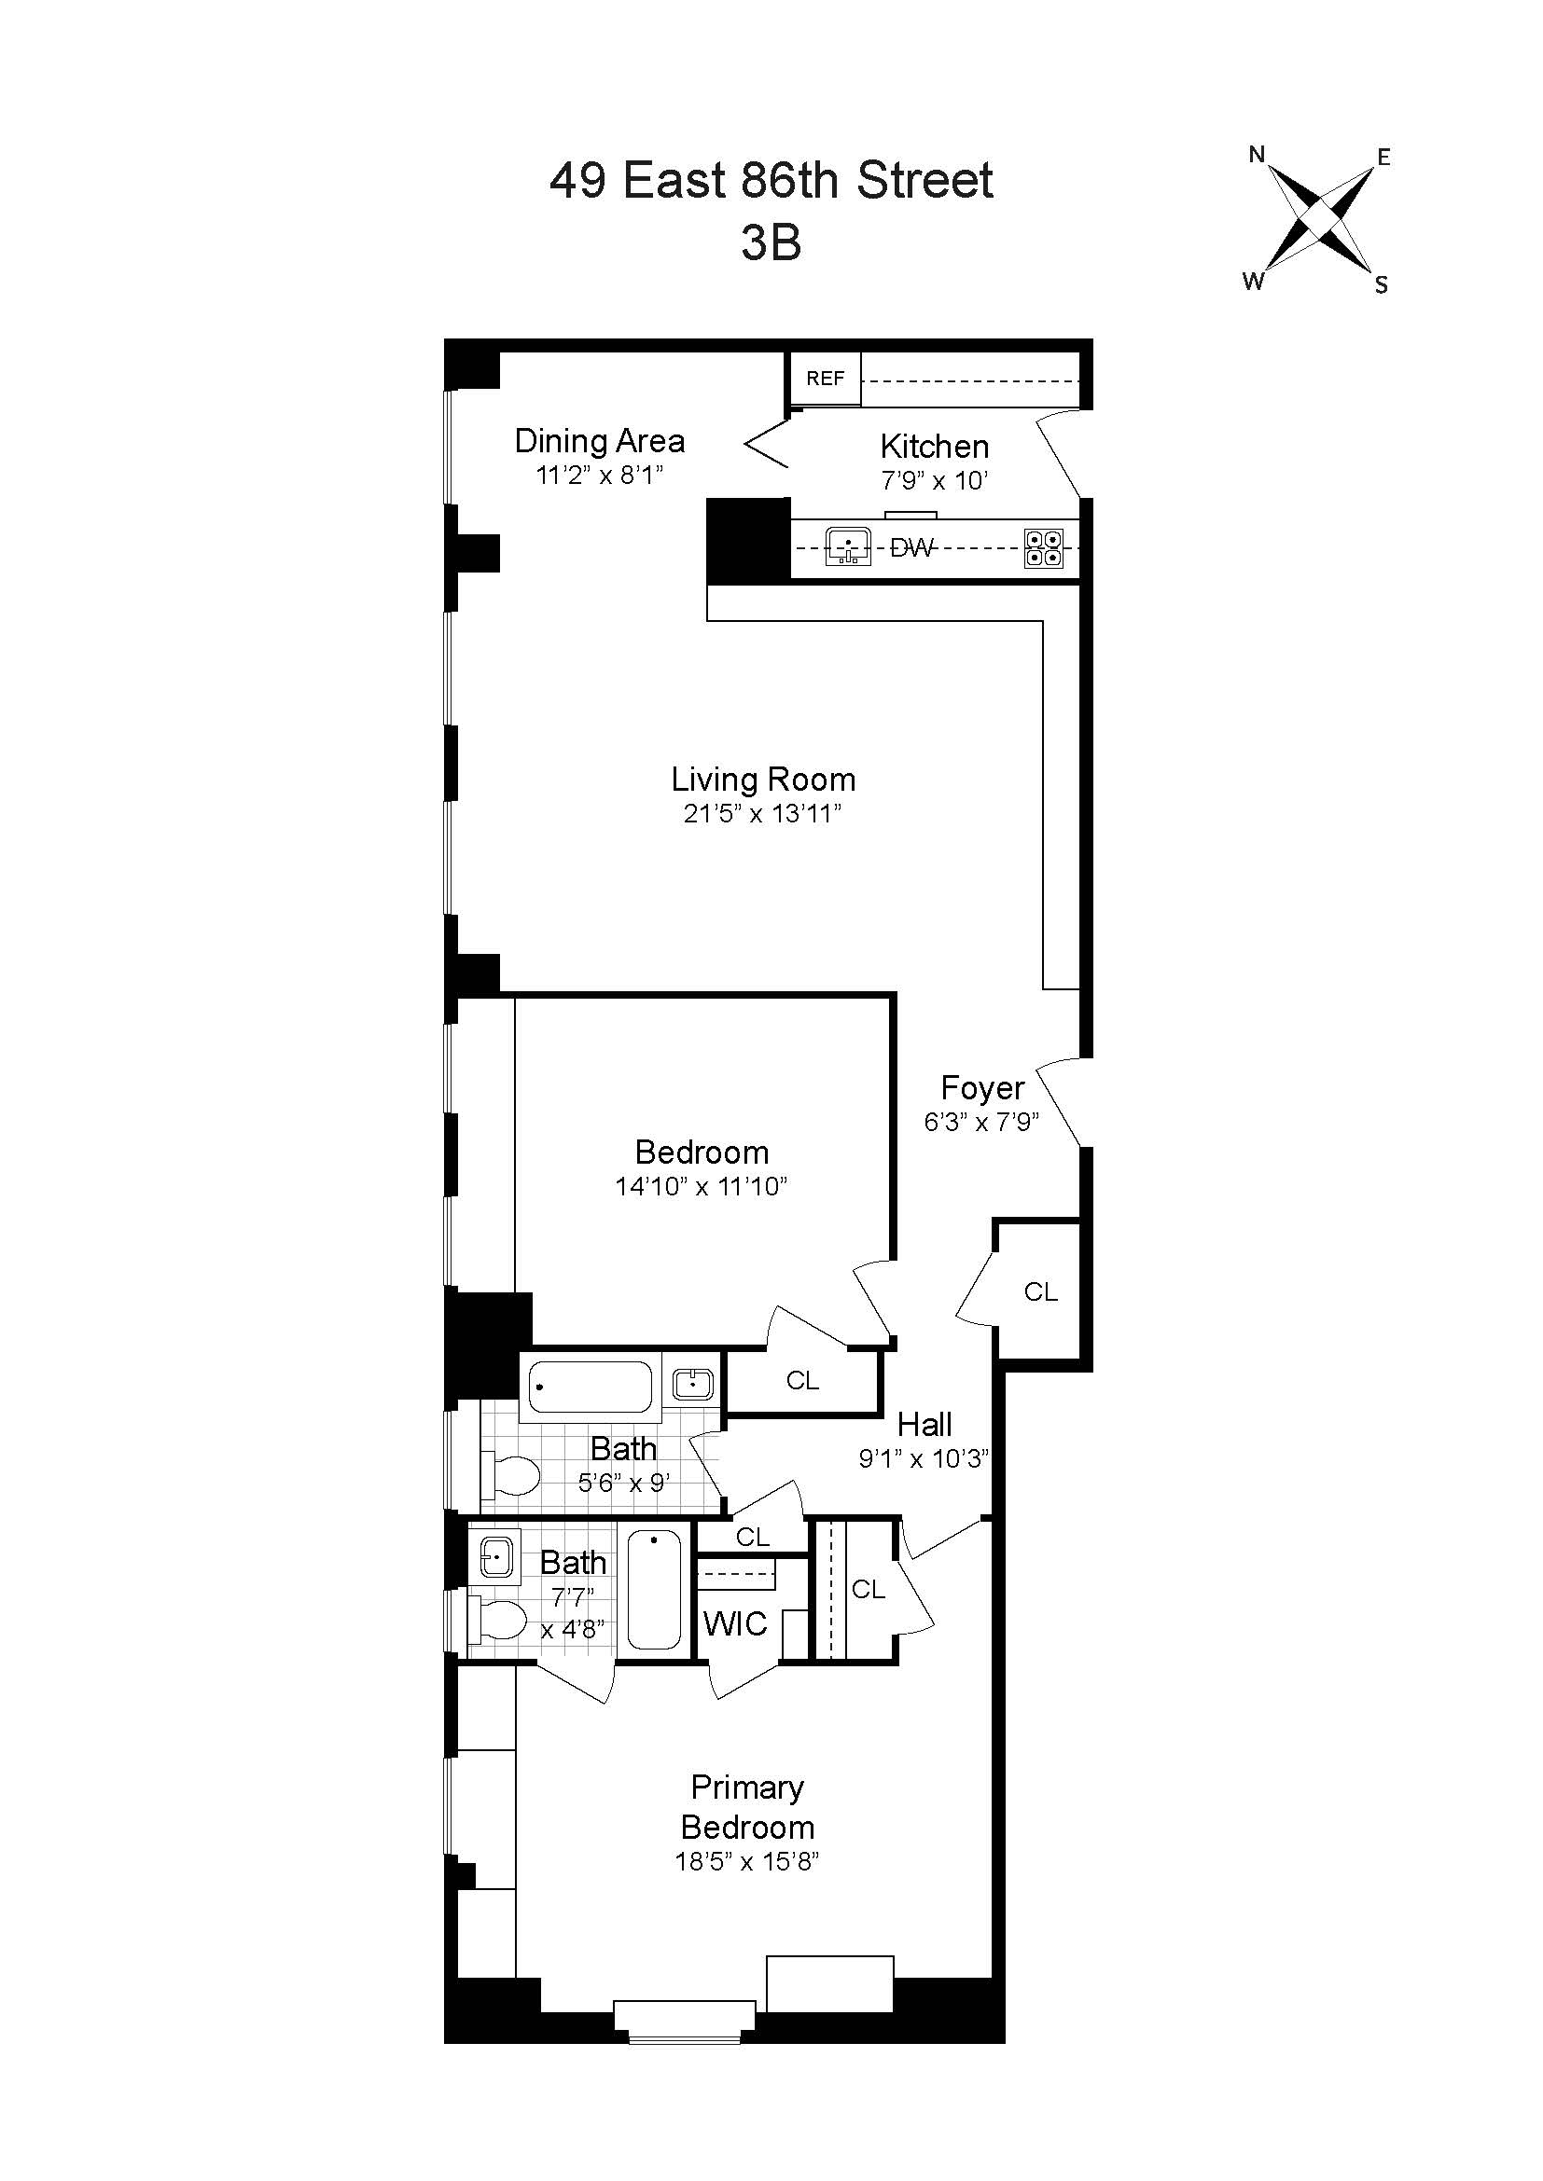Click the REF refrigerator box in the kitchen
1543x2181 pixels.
825,378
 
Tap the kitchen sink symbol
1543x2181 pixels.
848,546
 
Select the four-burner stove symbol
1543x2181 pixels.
1043,548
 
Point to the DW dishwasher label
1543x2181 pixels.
912,547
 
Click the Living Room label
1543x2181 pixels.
763,780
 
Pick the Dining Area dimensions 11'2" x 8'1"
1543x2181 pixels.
600,475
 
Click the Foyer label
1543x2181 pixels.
982,1087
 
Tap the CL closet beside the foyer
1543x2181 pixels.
1040,1291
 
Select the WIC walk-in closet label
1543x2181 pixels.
735,1624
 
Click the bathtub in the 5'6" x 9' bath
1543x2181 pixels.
590,1387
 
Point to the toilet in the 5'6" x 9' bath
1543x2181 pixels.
511,1475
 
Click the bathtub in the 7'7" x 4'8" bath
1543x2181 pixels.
655,1589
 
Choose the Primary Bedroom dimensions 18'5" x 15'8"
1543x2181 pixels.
748,1861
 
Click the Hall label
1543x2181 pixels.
924,1425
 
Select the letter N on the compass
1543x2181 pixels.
1257,154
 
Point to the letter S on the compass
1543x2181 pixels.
1382,285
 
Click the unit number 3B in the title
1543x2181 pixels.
771,242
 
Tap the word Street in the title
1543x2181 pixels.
925,181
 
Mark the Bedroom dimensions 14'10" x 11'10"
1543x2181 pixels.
702,1186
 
